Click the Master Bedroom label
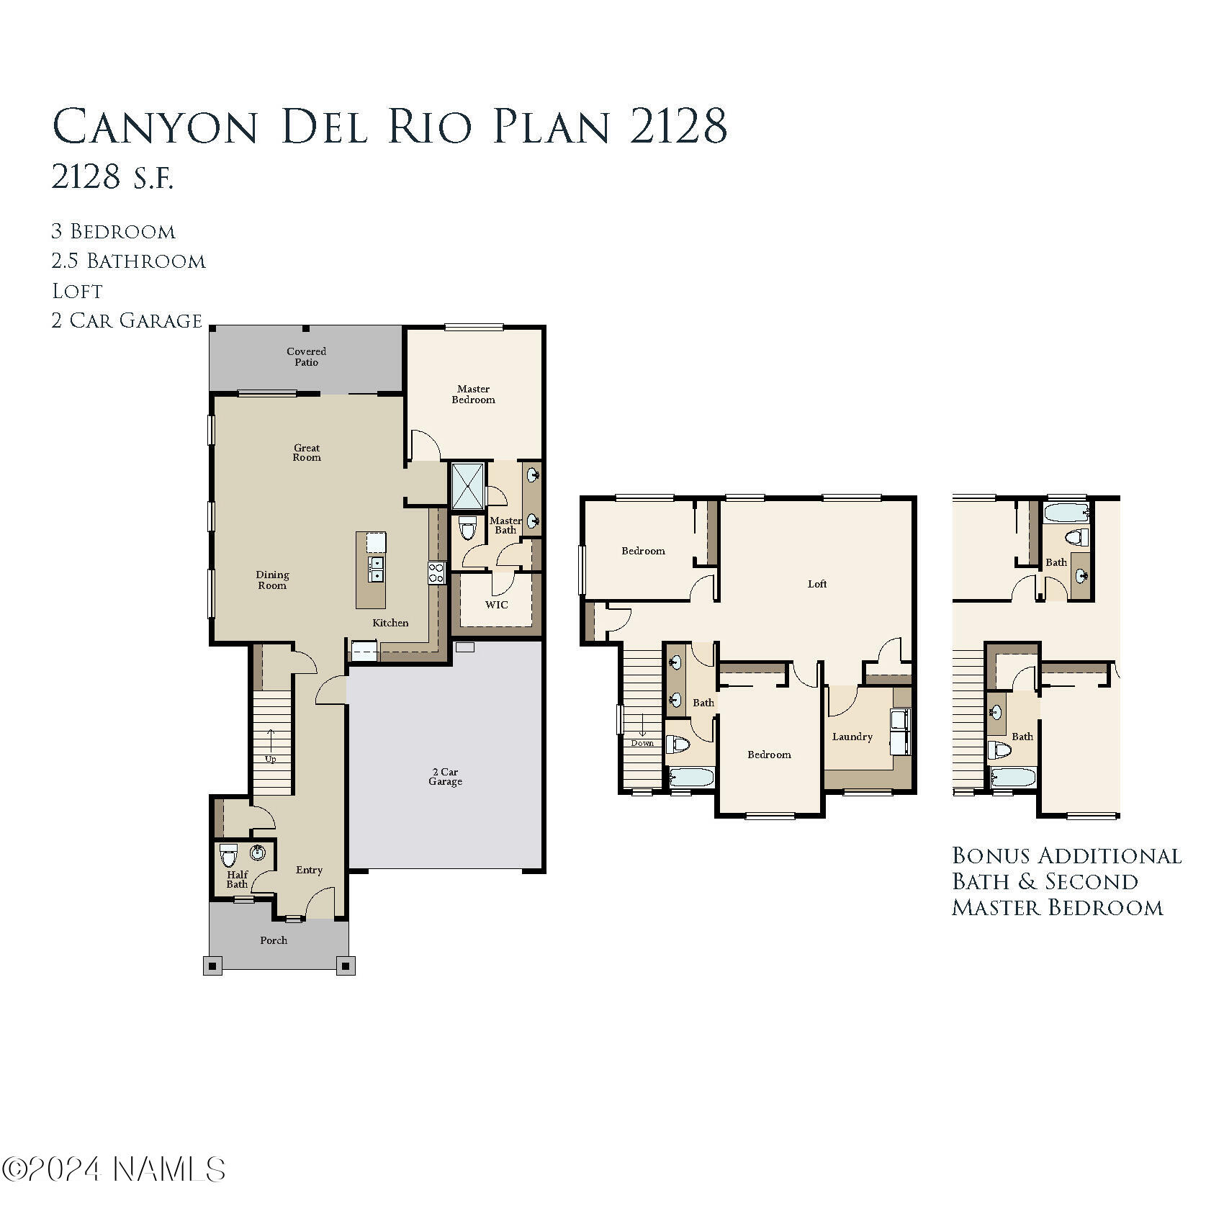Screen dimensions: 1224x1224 (473, 395)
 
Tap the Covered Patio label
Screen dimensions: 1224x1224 (306, 356)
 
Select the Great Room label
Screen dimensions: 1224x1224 (307, 452)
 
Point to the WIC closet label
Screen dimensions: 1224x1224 (496, 605)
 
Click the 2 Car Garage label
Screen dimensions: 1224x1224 (445, 776)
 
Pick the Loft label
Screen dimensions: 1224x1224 (817, 584)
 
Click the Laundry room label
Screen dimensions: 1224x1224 (852, 737)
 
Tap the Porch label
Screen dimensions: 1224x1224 (274, 940)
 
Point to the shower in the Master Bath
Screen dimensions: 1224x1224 (468, 486)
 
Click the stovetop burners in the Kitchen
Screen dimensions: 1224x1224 (436, 573)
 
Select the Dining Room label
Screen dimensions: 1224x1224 (272, 580)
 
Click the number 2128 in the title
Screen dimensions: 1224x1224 (678, 126)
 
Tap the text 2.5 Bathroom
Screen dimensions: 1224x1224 (128, 261)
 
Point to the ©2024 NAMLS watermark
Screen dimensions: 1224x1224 (114, 1169)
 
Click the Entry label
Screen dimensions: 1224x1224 (309, 870)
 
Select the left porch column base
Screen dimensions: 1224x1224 (212, 966)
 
